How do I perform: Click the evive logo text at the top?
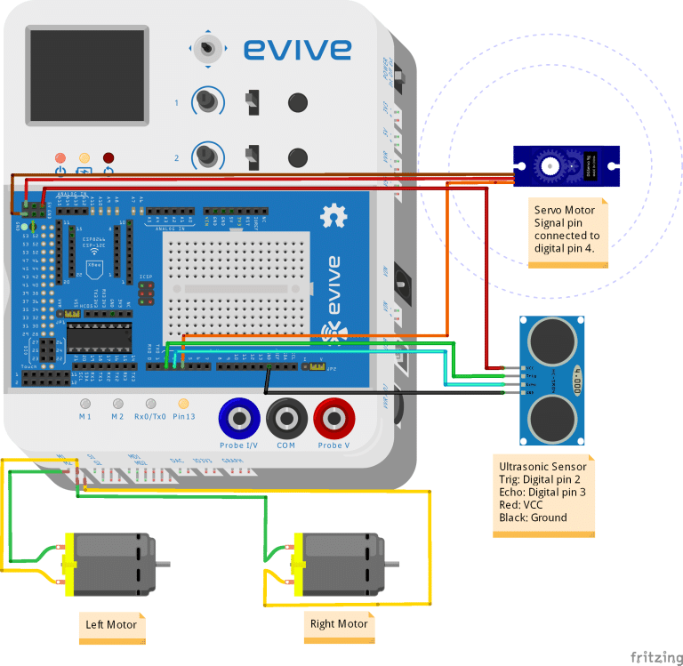(297, 48)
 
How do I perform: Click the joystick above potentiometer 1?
(208, 49)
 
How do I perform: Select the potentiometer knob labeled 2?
(207, 156)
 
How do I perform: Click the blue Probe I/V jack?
(240, 416)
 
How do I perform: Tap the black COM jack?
(286, 416)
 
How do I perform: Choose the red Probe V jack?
(334, 416)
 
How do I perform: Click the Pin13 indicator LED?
(183, 404)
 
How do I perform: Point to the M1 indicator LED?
(85, 404)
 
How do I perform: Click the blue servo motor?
(564, 166)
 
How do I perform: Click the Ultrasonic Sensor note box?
(543, 496)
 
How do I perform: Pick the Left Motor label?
(111, 625)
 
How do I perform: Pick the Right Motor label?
(339, 624)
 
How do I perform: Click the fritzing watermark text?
(656, 657)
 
